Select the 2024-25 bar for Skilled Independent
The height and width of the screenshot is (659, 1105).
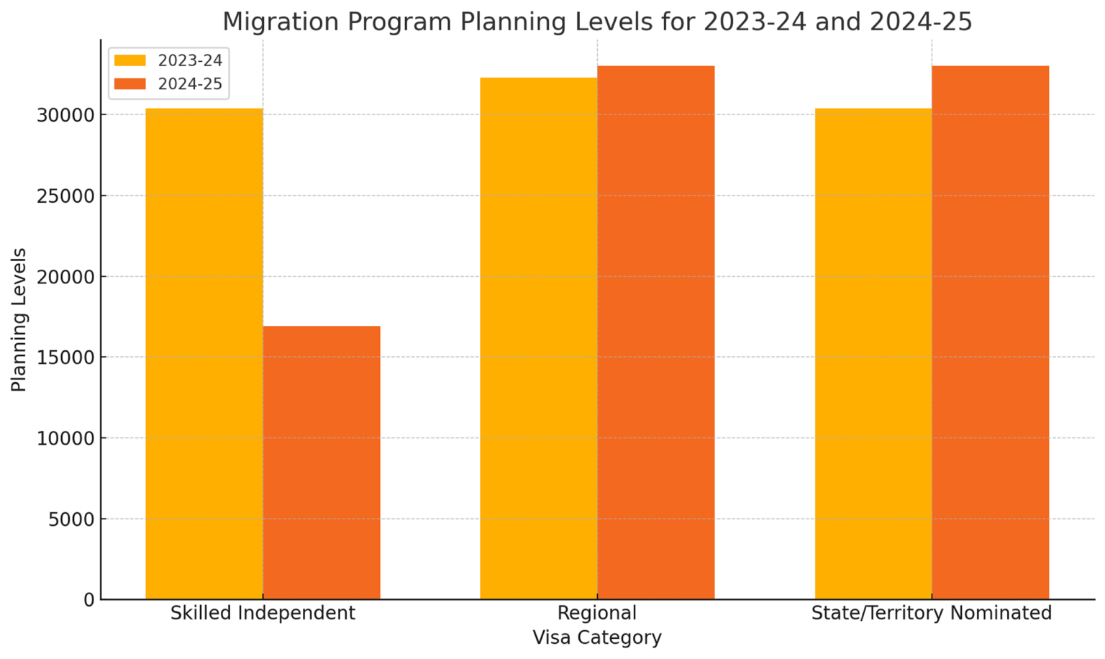[322, 463]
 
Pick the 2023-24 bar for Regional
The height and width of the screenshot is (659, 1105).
[539, 338]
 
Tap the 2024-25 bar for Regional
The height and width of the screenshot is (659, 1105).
[656, 332]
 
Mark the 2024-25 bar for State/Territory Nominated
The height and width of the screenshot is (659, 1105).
[991, 332]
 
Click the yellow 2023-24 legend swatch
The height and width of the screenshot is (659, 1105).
[130, 60]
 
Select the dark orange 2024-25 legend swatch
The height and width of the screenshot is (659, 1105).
[130, 84]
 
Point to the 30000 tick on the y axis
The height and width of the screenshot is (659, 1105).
[65, 115]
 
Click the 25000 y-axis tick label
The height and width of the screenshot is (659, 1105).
[65, 196]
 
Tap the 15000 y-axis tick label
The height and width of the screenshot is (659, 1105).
[65, 358]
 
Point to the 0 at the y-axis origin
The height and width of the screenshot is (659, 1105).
[88, 600]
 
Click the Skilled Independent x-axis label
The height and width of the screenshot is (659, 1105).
[263, 613]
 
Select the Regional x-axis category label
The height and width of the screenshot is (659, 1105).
[597, 613]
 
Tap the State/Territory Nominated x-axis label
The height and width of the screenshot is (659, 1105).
[932, 613]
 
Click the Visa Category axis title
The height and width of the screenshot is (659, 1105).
[597, 637]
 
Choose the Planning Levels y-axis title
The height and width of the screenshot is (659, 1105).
[19, 319]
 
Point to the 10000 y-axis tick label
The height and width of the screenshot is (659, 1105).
[65, 439]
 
